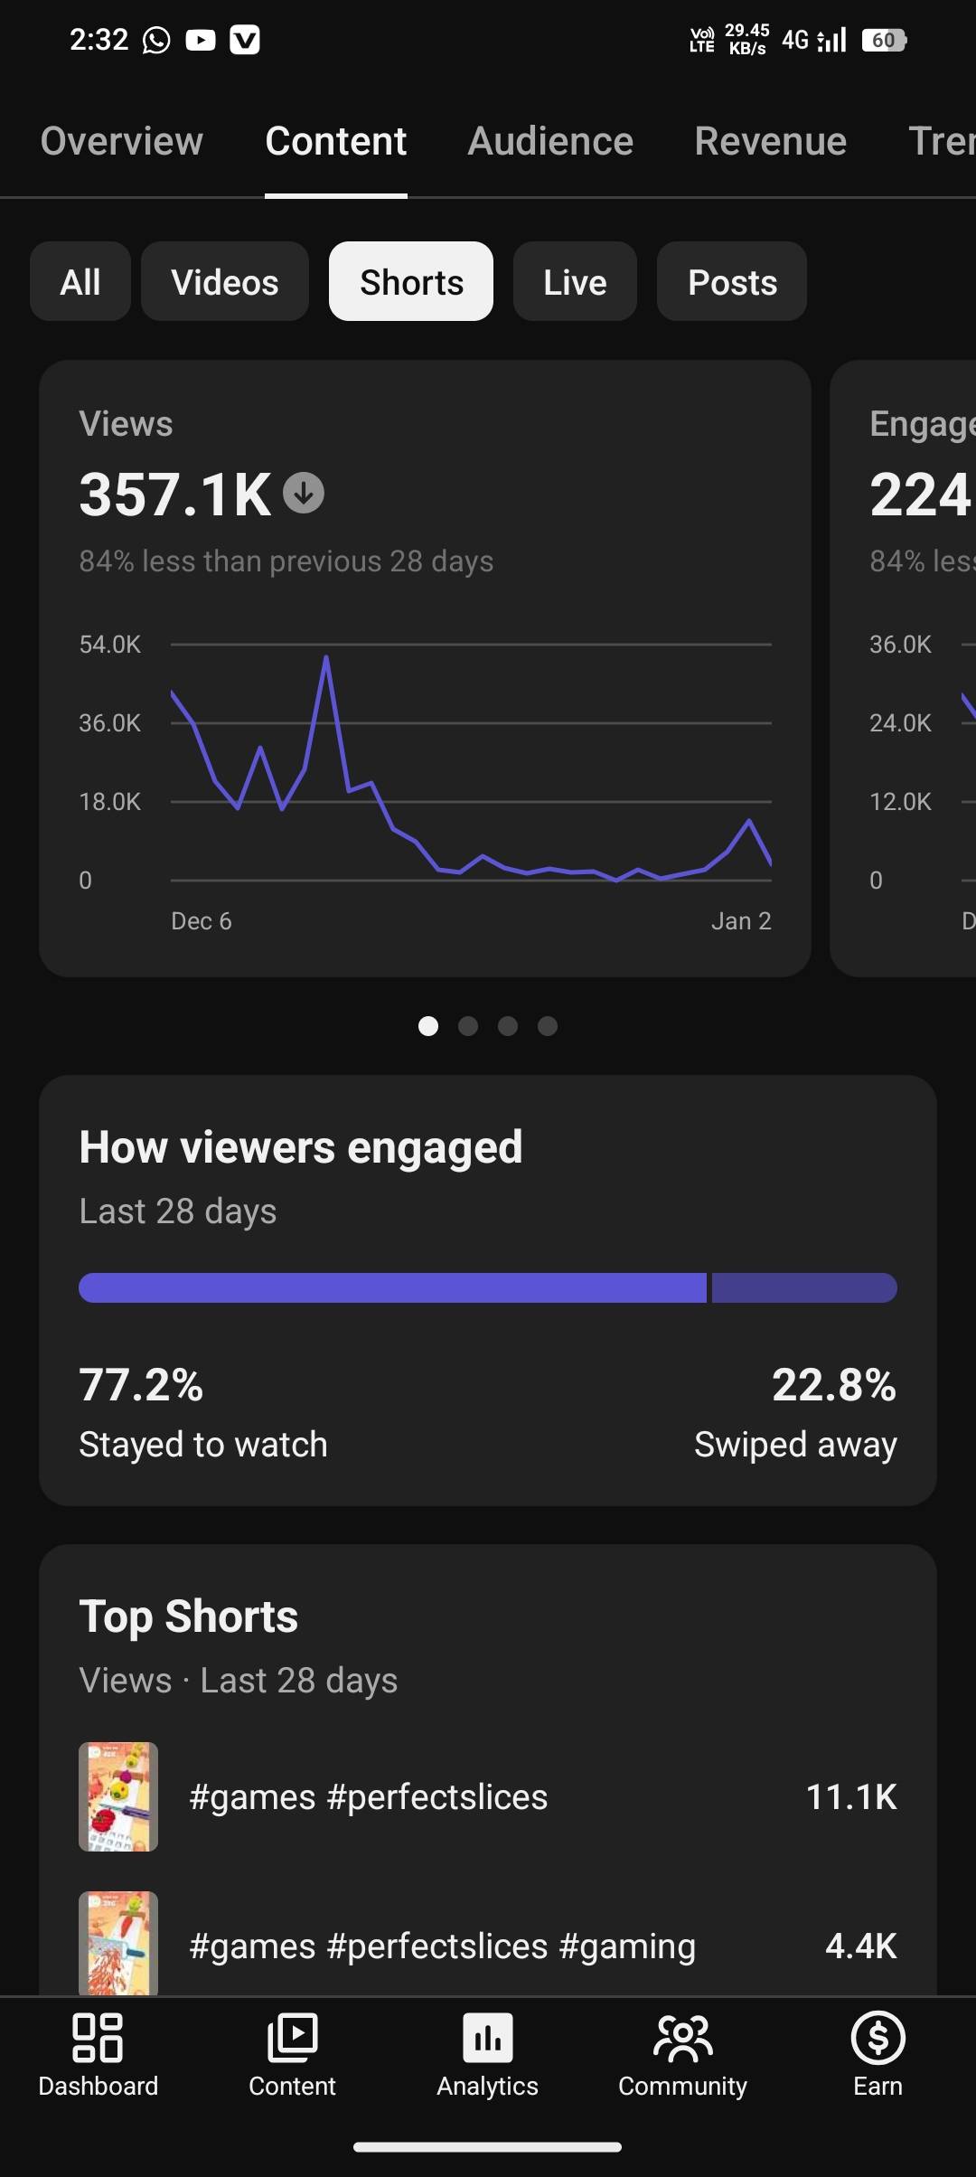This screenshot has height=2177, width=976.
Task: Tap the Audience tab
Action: point(550,141)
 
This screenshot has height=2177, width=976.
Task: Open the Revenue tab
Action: point(770,141)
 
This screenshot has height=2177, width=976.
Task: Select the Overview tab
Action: point(122,141)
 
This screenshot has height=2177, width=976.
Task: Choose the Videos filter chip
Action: point(225,282)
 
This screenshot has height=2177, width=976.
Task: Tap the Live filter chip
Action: point(575,282)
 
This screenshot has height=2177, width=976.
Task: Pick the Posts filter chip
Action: point(732,282)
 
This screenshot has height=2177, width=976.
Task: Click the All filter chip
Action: point(80,282)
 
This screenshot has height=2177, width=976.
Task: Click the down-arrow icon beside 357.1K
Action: point(304,494)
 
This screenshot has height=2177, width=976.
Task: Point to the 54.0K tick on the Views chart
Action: point(110,645)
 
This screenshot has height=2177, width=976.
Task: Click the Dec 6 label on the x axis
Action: point(202,921)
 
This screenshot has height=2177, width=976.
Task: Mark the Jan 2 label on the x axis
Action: point(741,921)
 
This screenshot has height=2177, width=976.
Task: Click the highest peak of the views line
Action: point(326,658)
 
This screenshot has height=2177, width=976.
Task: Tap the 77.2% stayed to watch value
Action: point(141,1384)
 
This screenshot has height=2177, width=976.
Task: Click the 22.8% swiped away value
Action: point(833,1384)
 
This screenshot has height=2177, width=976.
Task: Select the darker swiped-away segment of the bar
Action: point(804,1287)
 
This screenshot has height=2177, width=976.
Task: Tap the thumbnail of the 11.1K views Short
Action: point(118,1796)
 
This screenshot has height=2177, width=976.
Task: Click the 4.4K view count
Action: point(860,1946)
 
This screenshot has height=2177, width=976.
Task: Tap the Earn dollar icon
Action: point(877,2039)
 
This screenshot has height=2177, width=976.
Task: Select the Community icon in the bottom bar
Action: point(682,2039)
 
